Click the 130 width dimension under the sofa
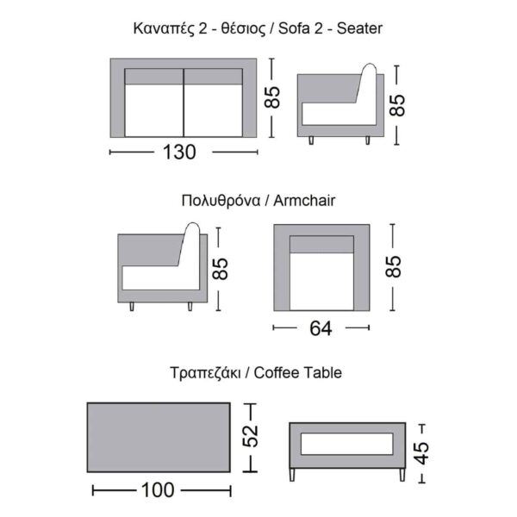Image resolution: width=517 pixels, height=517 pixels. pyautogui.click(x=179, y=153)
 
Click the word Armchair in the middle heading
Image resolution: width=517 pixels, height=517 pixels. pyautogui.click(x=303, y=201)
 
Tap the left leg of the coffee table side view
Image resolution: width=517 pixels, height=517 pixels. pyautogui.click(x=293, y=474)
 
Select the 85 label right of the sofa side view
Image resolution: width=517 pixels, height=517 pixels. pyautogui.click(x=397, y=105)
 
